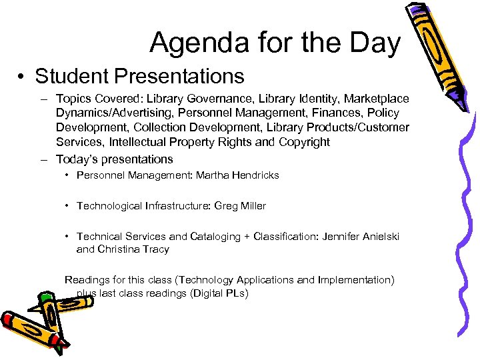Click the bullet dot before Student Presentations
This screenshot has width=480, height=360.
click(22, 77)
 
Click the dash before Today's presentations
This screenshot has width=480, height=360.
click(43, 159)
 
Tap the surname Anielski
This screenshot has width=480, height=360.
click(376, 237)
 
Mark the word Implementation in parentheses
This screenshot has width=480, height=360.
click(355, 280)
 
